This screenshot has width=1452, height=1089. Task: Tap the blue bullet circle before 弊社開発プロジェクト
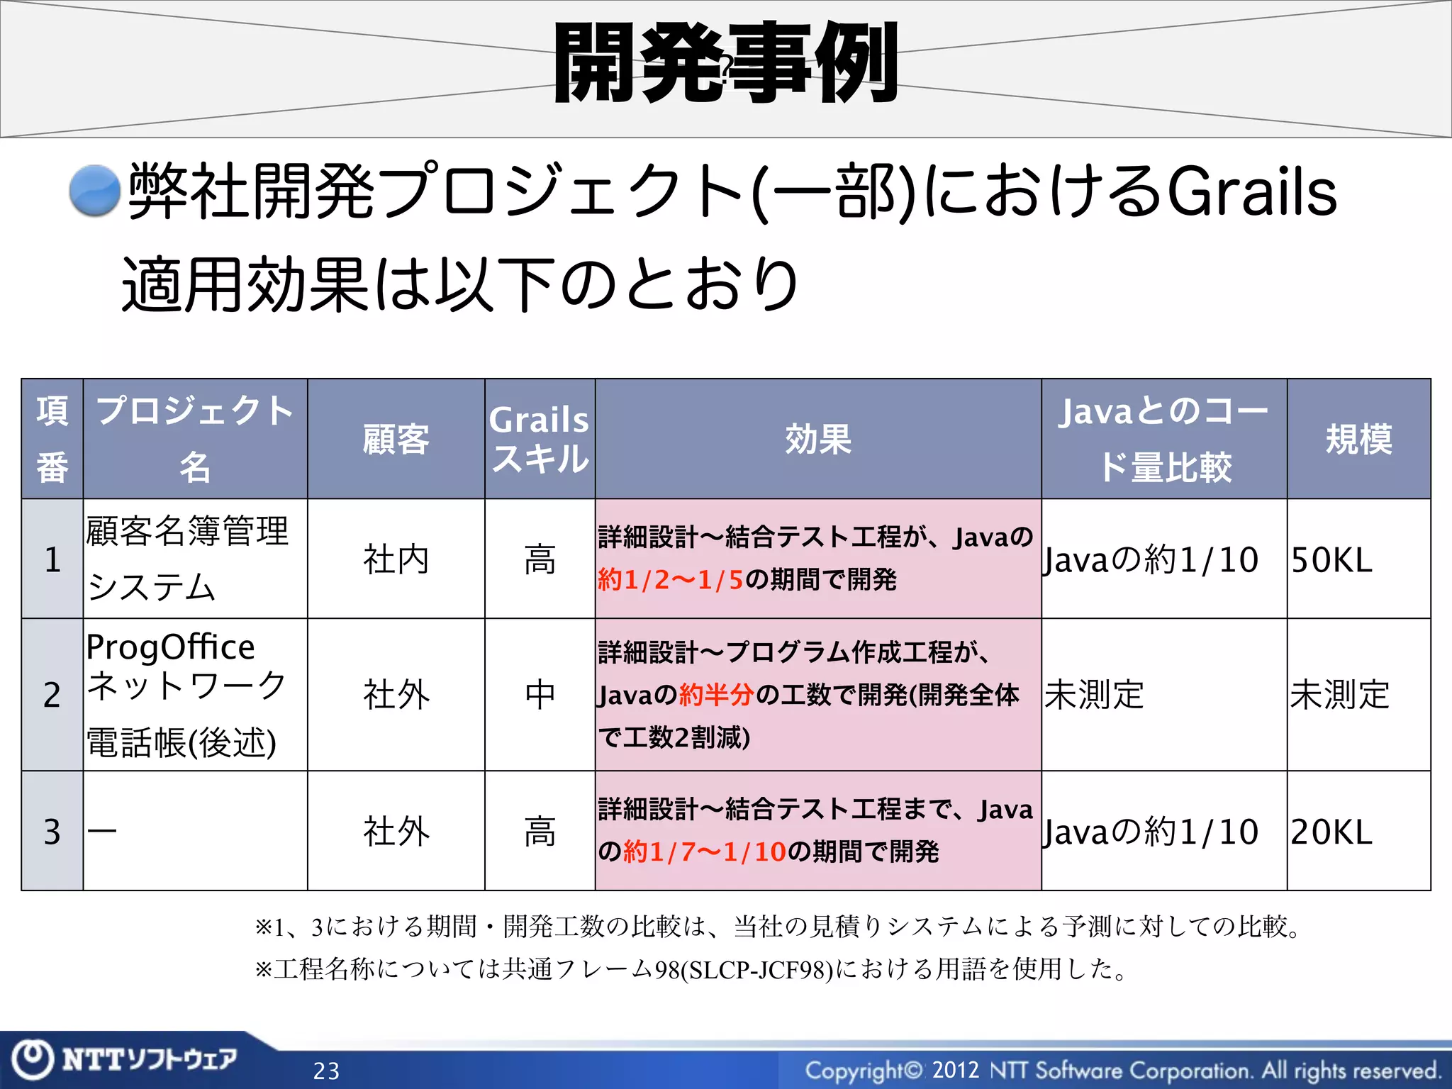(x=94, y=190)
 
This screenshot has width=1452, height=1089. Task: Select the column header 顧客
(x=396, y=439)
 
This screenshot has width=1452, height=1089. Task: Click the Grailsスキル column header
(x=540, y=439)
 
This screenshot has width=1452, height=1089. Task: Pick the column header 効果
(x=817, y=439)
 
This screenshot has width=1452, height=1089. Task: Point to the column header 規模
(x=1358, y=439)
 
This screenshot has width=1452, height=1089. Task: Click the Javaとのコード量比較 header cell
(x=1163, y=439)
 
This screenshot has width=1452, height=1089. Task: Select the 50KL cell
(x=1331, y=560)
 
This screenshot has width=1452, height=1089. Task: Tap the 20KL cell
(x=1331, y=832)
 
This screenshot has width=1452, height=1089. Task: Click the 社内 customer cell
(x=396, y=559)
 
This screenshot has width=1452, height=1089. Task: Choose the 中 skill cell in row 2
(x=540, y=694)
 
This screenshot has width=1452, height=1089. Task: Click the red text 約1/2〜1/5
(x=670, y=580)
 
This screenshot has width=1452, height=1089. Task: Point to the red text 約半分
(x=716, y=695)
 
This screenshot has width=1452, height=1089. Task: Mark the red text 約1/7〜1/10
(x=705, y=851)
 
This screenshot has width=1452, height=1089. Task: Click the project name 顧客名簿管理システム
(x=187, y=559)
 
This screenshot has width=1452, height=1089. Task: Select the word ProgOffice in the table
(x=170, y=647)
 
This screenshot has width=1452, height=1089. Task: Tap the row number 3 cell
(x=52, y=831)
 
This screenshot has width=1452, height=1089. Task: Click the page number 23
(x=326, y=1071)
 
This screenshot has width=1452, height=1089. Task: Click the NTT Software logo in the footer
(x=125, y=1059)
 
